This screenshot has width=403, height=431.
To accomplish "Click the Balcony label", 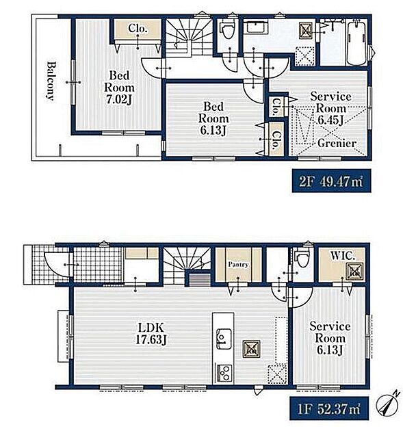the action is [51, 81].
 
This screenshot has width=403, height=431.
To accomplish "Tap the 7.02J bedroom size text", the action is [119, 100].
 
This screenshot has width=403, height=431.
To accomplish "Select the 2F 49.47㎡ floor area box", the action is [331, 181].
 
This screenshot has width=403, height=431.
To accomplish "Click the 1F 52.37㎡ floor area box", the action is [329, 408].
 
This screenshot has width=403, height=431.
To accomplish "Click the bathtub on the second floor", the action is [356, 43].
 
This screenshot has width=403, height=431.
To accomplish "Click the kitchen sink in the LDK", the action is [224, 339].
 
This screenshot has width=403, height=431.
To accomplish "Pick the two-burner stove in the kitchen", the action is [224, 373].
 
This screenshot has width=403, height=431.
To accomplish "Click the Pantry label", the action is [238, 265].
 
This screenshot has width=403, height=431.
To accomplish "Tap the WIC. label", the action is [343, 256].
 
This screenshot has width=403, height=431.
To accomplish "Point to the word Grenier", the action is [337, 143].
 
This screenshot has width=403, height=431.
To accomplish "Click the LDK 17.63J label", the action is [151, 334].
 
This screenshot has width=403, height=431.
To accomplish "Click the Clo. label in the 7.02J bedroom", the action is [138, 28].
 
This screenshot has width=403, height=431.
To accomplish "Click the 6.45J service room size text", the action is [330, 120].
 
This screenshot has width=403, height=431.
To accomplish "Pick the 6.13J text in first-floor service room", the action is [330, 350].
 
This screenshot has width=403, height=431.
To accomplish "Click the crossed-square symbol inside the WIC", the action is [354, 272].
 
